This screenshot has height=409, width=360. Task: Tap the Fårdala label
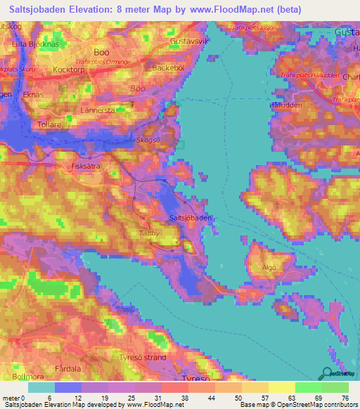tap(67, 368)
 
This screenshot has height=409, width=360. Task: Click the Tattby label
tap(149, 231)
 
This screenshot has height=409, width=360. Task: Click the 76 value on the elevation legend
tap(345, 398)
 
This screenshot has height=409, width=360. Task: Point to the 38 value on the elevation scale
tap(183, 398)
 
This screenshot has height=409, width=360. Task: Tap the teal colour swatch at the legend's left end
tap(41, 387)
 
